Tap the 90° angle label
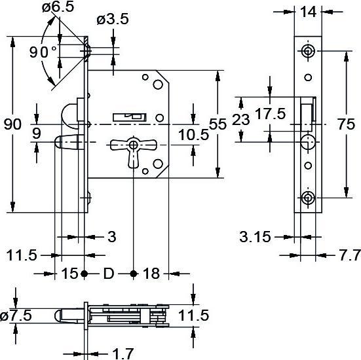(43, 52)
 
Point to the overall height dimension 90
(12, 124)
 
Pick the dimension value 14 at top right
(308, 10)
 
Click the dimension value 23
(242, 120)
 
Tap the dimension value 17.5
(270, 114)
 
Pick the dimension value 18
(151, 273)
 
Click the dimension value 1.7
(123, 353)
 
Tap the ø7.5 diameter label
(16, 316)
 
